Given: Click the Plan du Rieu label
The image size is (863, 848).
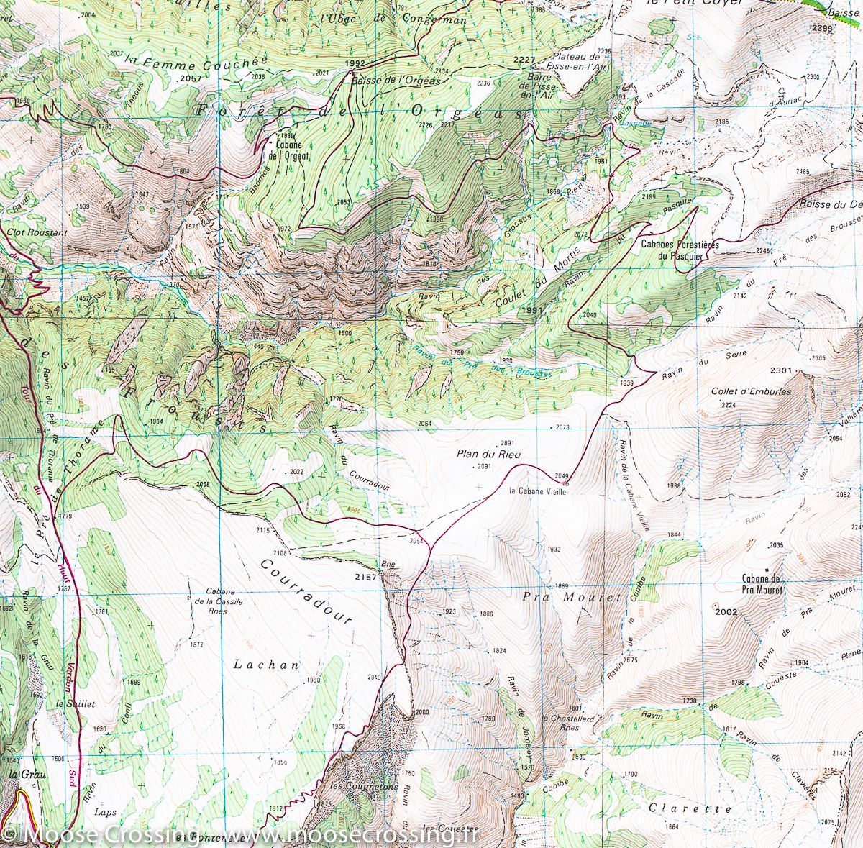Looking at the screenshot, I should [489, 454].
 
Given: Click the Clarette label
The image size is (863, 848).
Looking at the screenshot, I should [680, 808].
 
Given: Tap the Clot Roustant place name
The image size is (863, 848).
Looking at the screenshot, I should [37, 233].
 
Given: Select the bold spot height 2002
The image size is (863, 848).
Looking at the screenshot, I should [727, 611].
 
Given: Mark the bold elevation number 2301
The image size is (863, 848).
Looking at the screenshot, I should [780, 370].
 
